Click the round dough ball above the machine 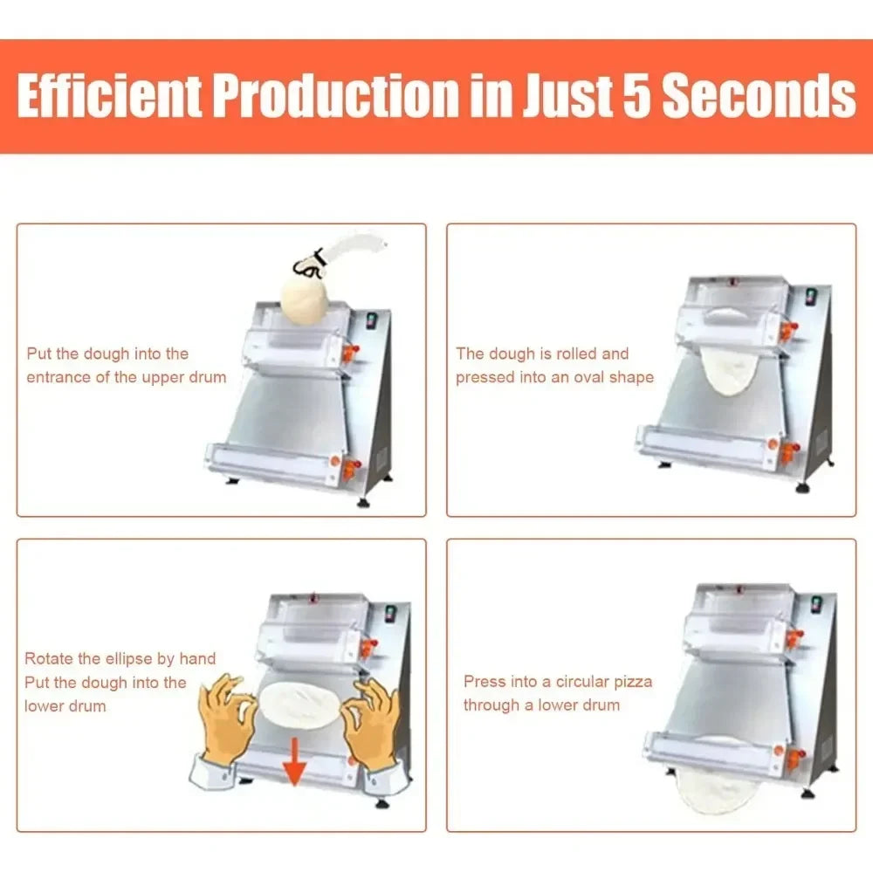coord(305,300)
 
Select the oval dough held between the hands coord(299,705)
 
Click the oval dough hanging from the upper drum coord(728,370)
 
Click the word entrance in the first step coord(58,377)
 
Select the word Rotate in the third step coord(49,658)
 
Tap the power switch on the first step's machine coord(371,320)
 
